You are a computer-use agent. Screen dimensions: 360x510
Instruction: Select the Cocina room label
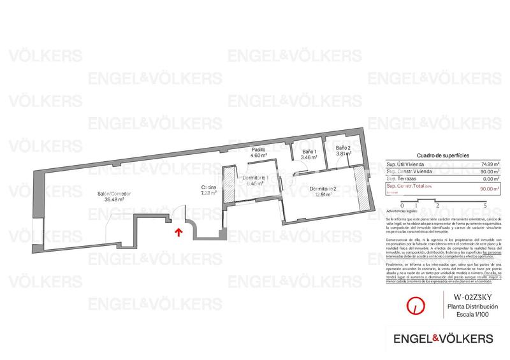[208, 187]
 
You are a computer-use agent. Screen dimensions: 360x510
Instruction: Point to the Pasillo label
[258, 150]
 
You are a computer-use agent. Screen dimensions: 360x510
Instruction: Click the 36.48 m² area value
[114, 199]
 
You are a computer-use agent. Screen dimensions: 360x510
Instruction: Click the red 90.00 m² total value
[488, 188]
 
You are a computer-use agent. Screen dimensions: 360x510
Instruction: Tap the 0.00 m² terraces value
[489, 179]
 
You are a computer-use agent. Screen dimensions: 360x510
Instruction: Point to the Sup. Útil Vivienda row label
[405, 165]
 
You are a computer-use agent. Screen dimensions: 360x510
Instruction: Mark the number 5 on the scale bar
[486, 205]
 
